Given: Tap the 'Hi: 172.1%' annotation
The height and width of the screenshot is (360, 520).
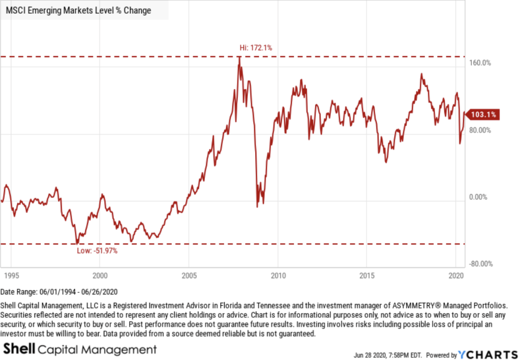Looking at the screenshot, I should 256,48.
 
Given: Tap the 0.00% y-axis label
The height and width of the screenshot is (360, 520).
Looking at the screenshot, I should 477,197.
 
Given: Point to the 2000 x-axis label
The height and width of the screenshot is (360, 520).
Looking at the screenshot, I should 100,275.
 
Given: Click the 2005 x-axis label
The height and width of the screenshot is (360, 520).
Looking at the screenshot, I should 189,275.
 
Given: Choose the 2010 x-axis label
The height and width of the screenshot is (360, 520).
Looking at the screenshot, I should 278,275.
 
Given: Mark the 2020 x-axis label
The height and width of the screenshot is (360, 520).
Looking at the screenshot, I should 455,275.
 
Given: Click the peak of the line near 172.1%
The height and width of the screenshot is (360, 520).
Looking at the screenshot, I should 239,57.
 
